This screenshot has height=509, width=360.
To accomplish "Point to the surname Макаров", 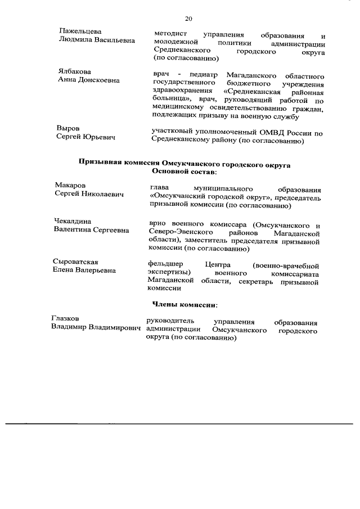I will (71, 185).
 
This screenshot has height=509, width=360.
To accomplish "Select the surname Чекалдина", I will (73, 221).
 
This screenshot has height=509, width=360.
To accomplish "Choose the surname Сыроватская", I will (76, 261).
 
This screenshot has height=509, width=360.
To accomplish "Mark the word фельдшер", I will (165, 264).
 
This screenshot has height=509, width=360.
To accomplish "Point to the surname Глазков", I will (65, 318).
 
